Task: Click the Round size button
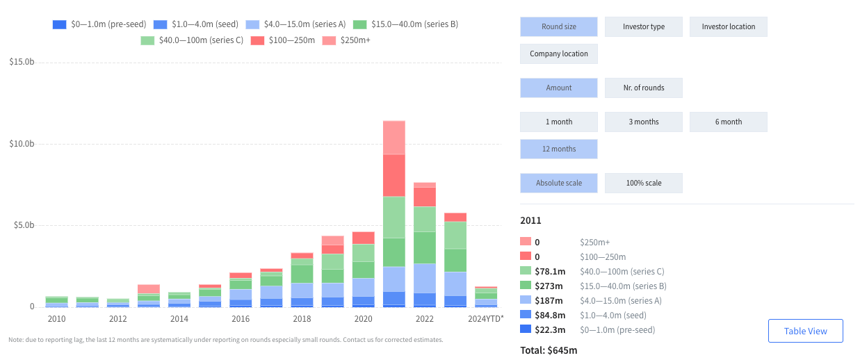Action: coord(558,27)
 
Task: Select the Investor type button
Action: coord(643,27)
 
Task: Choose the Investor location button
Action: coord(728,27)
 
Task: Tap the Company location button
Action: coord(558,54)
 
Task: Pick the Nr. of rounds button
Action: coord(643,88)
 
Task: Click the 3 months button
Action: coord(643,122)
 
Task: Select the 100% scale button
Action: coord(643,183)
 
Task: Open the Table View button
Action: coord(805,331)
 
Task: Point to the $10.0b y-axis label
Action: coord(22,144)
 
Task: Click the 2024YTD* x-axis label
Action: coord(485,319)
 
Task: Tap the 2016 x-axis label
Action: coord(241,319)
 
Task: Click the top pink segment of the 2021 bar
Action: coord(394,138)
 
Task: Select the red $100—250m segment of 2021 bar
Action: coord(394,175)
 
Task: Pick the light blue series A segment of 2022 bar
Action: coord(425,278)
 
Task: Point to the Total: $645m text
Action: coord(549,350)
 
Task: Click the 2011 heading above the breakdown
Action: coord(530,220)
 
